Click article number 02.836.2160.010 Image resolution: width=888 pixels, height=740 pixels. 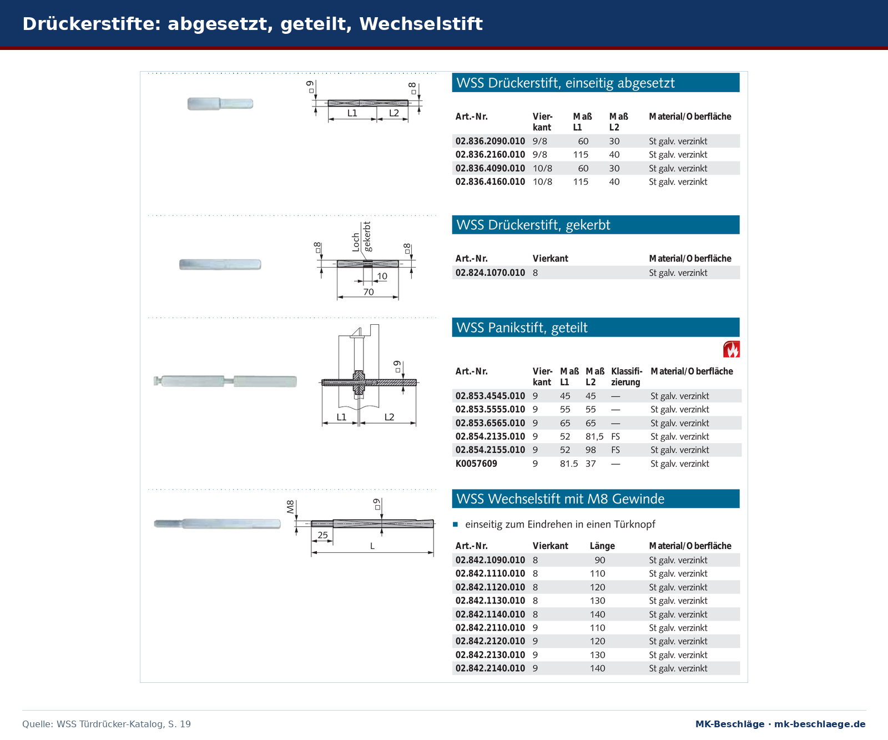[x=490, y=155]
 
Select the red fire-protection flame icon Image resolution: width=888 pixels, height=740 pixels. [x=731, y=349]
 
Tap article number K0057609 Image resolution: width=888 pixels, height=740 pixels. [x=476, y=464]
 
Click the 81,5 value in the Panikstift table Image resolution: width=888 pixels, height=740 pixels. [x=594, y=437]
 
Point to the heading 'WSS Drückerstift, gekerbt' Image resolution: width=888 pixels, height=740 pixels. [x=533, y=225]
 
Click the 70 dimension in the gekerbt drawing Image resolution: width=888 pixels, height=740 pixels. [x=369, y=292]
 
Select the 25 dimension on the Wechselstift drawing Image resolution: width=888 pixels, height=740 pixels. [x=322, y=535]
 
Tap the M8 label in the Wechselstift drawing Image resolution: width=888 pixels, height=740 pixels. [x=290, y=506]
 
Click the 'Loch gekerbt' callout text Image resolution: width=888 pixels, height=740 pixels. [x=361, y=237]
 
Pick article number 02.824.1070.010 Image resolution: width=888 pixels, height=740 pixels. [x=490, y=273]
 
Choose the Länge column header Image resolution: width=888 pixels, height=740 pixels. [x=602, y=546]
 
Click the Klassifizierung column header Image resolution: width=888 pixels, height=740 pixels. [x=627, y=376]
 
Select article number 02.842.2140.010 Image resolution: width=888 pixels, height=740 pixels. [x=490, y=668]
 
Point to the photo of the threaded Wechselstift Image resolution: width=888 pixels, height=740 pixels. [x=218, y=523]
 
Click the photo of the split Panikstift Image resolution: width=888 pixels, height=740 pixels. [x=225, y=381]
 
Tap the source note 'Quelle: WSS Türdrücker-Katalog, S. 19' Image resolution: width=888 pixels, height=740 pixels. [x=107, y=724]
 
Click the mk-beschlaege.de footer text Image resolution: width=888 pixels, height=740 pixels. [x=820, y=724]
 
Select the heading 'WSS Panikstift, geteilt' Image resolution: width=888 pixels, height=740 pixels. [x=522, y=328]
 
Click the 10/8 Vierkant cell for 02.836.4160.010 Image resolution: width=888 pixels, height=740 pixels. [x=542, y=182]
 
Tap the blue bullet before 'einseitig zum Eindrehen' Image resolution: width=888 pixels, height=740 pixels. [x=455, y=524]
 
